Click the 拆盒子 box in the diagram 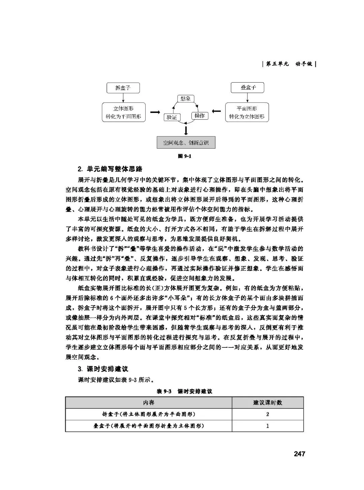[123, 88]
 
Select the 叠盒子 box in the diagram [248, 88]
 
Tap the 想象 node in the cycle [185, 98]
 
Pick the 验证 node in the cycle [172, 117]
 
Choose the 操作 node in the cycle [200, 116]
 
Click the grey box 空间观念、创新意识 [186, 143]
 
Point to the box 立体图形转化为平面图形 [123, 113]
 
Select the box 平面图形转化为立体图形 [247, 113]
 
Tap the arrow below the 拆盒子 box [123, 98]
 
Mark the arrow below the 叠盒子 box [247, 98]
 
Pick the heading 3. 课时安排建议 [103, 369]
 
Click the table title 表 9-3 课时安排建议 [184, 391]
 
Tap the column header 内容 [149, 403]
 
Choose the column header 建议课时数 [268, 403]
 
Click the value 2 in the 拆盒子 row [268, 414]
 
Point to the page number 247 [299, 454]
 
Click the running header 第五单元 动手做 [289, 64]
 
